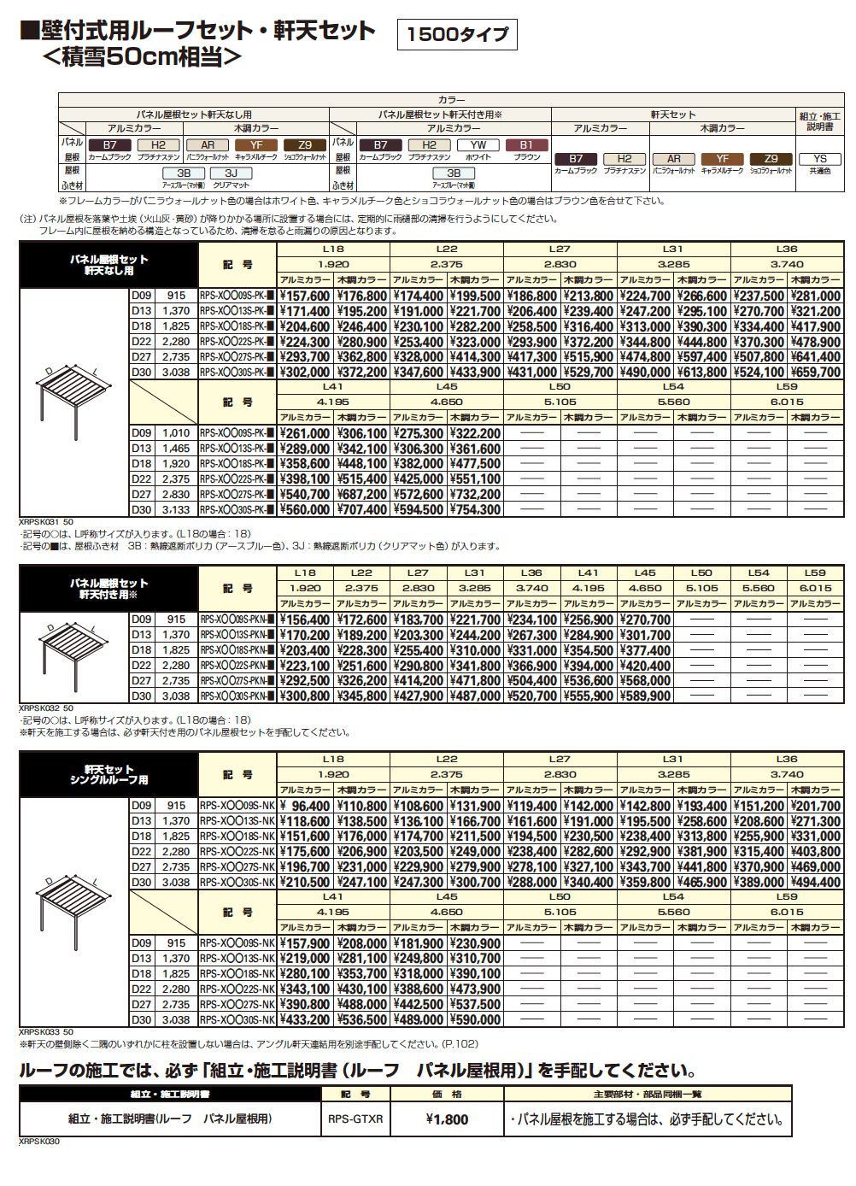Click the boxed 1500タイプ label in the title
pos(457,34)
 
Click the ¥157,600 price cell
pos(305,296)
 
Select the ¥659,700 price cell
pos(816,373)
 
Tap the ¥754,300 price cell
pos(475,510)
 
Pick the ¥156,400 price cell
pos(305,620)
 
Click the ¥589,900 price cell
pos(645,696)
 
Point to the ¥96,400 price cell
pos(305,807)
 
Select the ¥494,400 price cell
pos(816,883)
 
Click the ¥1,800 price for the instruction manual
pos(447,1119)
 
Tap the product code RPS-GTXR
pos(355,1119)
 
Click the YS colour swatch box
pos(820,159)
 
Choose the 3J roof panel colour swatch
pos(231,173)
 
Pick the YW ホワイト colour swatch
pos(478,145)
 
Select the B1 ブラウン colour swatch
pos(526,145)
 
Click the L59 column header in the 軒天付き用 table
pos(815,573)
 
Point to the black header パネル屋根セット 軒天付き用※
pos(108,589)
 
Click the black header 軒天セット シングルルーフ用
pos(108,775)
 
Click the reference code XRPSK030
pos(39,1142)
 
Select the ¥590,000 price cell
pos(475,1020)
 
